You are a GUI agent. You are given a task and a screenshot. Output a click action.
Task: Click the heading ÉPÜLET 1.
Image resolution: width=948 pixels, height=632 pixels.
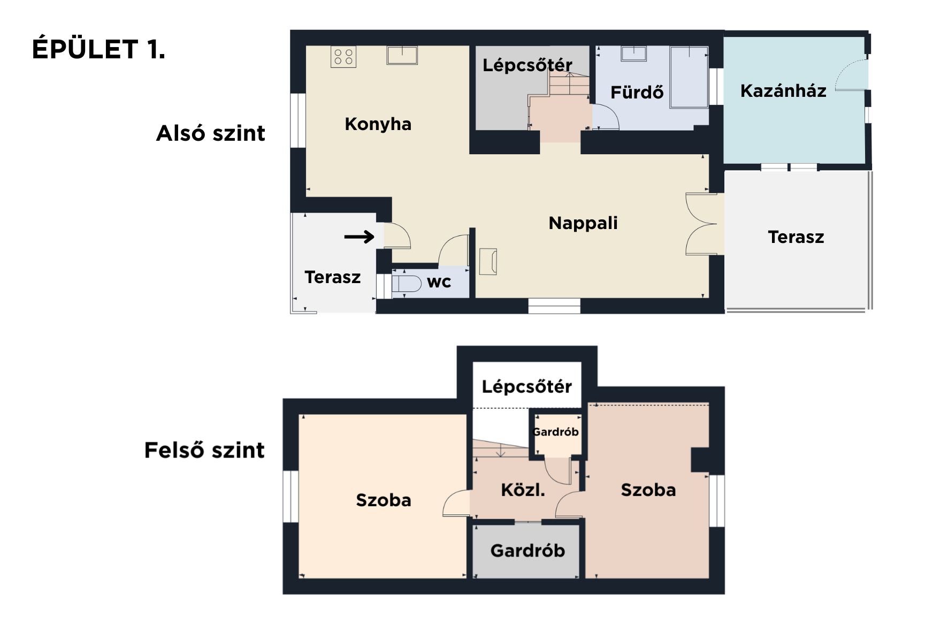click(99, 49)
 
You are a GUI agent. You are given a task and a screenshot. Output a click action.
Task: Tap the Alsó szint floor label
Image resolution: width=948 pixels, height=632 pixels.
click(211, 133)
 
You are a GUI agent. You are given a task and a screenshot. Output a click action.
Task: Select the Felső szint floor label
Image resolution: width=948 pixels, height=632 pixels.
click(204, 450)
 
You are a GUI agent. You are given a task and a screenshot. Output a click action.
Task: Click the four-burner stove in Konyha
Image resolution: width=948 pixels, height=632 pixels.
click(343, 57)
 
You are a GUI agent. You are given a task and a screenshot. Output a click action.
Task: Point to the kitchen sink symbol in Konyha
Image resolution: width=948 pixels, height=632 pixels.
click(402, 55)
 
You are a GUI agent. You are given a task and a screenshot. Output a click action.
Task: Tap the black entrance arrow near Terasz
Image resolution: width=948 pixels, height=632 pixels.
click(359, 237)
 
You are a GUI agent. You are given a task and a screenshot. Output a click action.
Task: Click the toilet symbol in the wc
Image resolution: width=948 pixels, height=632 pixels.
click(407, 283)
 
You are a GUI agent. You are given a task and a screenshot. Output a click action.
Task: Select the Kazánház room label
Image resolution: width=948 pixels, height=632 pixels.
click(783, 91)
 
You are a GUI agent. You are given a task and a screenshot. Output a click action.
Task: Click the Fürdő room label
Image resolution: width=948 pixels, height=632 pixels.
click(637, 92)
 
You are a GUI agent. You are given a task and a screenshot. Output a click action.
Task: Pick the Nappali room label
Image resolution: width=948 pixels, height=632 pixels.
click(583, 223)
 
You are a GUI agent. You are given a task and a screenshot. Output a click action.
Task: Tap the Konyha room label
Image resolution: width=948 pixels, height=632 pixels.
click(378, 124)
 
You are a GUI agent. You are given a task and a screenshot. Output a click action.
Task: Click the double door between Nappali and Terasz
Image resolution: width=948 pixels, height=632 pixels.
click(701, 224)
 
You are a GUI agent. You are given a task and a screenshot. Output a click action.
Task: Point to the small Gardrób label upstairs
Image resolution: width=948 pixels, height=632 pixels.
click(556, 432)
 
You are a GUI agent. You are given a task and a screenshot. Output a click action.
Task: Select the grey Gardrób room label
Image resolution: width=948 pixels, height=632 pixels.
click(527, 551)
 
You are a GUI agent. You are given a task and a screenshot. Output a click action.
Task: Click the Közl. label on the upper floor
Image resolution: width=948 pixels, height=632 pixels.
click(523, 490)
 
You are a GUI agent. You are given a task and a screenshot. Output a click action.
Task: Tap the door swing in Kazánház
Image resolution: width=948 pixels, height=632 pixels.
click(851, 75)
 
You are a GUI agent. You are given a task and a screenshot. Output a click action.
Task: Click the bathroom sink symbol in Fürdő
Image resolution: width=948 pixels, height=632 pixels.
click(634, 54)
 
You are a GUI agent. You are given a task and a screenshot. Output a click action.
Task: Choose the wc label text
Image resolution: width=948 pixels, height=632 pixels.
click(439, 283)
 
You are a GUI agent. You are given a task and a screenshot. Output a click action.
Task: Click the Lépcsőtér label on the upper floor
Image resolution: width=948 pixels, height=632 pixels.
click(526, 386)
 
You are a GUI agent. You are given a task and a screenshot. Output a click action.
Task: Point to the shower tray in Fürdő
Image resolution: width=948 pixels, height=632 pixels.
click(689, 77)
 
